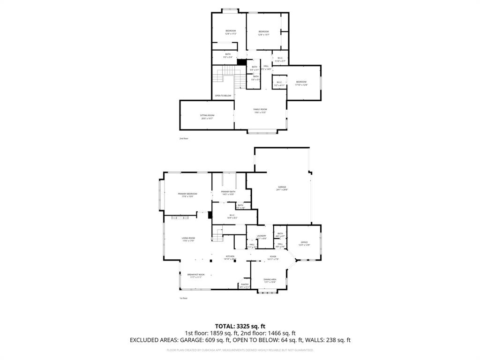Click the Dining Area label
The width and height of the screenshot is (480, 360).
tap(270, 280)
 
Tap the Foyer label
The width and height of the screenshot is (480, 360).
tap(273, 257)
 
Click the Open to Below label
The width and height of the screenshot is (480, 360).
tap(223, 96)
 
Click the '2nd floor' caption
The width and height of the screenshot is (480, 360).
tap(183, 139)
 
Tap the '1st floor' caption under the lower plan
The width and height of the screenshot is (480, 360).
tap(183, 298)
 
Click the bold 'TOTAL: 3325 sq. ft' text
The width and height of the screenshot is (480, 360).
tap(240, 326)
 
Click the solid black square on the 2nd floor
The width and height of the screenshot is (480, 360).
tap(241, 62)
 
